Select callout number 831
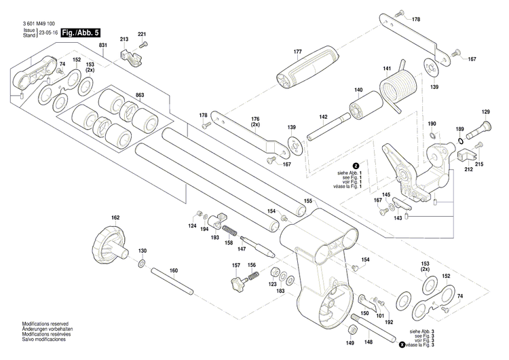103,45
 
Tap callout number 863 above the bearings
140,94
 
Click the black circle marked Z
356,166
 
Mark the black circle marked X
402,346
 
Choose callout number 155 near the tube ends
307,201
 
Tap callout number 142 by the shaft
324,118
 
